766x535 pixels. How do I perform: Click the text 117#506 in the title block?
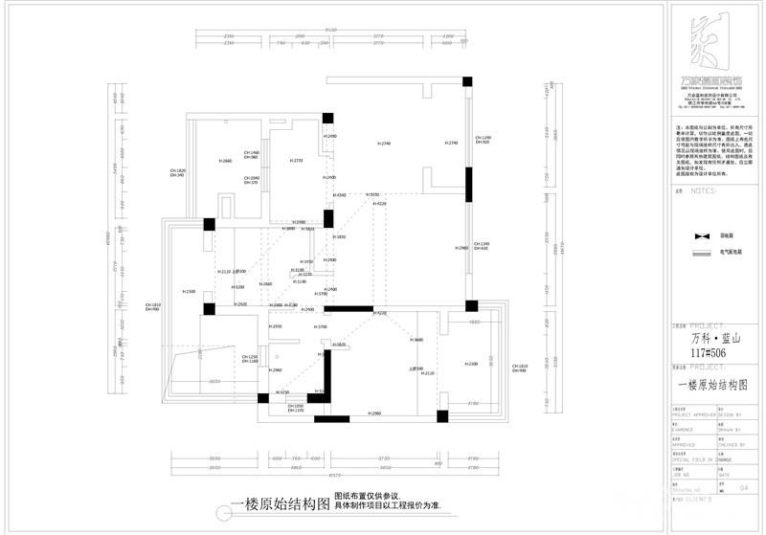tap(704, 352)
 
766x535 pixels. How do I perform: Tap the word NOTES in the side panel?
tap(704, 191)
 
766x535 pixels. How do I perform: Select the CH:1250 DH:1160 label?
tap(247, 359)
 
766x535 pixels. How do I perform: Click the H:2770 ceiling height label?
tap(297, 161)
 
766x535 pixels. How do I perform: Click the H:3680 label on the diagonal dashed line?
tap(417, 341)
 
